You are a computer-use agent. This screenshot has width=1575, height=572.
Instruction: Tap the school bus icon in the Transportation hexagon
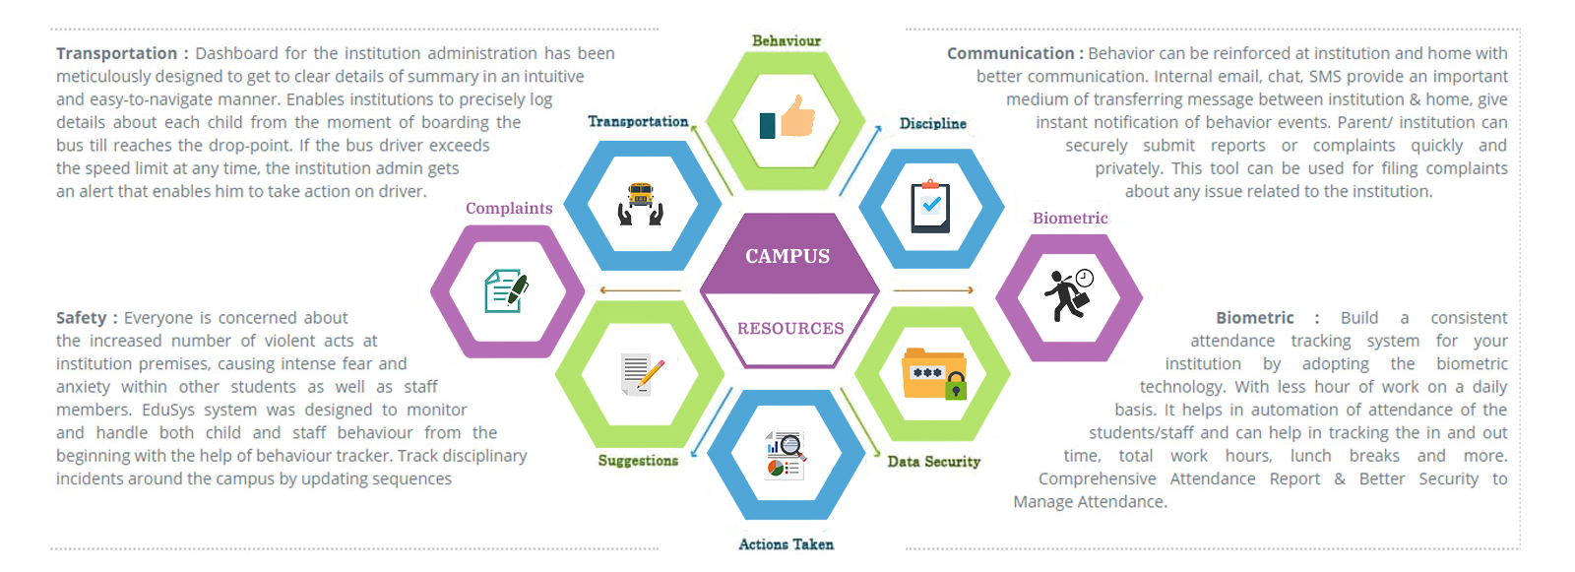(x=641, y=204)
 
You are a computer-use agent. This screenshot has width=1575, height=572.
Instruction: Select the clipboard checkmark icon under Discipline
(x=930, y=207)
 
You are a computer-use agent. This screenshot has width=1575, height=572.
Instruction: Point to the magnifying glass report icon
(x=786, y=455)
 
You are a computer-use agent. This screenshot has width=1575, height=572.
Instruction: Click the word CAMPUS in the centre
(x=787, y=256)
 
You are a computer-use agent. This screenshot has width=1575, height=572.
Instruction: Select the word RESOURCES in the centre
(x=790, y=329)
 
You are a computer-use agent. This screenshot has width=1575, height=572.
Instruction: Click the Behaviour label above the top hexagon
(x=787, y=41)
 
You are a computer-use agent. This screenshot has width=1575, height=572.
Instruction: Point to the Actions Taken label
(x=786, y=544)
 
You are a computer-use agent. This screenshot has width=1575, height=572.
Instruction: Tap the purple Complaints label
(x=509, y=209)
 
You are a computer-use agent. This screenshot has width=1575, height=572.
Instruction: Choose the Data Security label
(x=933, y=462)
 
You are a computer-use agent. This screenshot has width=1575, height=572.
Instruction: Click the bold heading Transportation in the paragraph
(x=116, y=53)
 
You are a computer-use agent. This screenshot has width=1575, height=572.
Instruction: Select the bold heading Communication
(x=1010, y=53)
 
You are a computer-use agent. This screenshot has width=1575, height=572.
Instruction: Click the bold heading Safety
(x=81, y=318)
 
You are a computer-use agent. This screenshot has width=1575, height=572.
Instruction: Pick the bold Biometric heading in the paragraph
(x=1254, y=318)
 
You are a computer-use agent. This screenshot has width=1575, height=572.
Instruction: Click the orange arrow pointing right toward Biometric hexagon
(x=932, y=290)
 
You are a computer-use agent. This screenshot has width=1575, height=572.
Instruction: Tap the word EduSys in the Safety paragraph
(x=174, y=410)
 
